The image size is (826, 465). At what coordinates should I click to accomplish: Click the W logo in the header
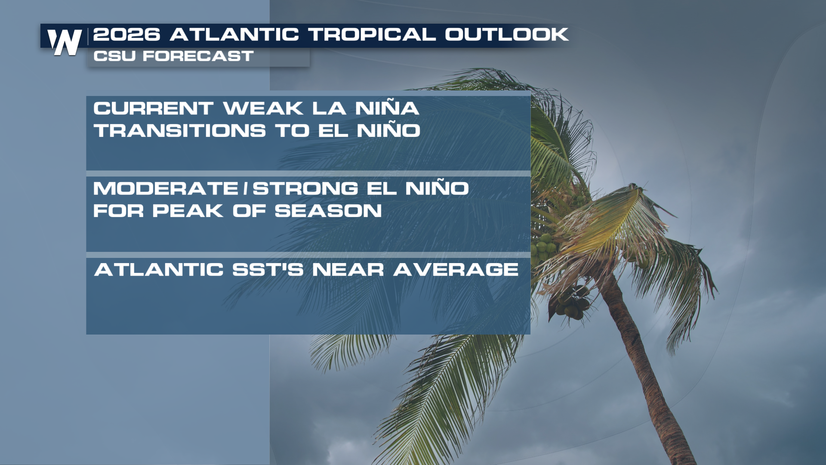click(x=65, y=42)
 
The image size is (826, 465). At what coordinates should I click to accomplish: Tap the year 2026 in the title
click(x=127, y=34)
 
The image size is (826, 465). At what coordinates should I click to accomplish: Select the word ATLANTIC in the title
click(x=234, y=34)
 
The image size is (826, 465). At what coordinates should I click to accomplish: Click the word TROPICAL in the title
click(x=372, y=34)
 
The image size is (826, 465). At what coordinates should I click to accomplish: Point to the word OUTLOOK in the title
click(x=507, y=34)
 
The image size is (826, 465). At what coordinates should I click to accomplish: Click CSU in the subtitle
click(x=114, y=56)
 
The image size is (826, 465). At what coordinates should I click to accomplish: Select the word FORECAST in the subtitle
click(x=198, y=56)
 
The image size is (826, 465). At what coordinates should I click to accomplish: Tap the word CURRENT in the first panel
click(x=154, y=108)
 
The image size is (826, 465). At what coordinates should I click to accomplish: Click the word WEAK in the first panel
click(x=263, y=108)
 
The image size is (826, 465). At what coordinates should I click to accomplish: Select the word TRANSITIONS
click(x=180, y=130)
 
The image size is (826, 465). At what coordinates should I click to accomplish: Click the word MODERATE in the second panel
click(x=166, y=188)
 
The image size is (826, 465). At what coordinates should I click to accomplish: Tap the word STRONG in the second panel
click(x=305, y=188)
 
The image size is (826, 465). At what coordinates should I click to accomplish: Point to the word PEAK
click(x=188, y=211)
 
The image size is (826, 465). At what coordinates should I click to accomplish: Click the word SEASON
click(x=328, y=211)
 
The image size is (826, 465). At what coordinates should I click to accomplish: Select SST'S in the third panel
click(x=268, y=270)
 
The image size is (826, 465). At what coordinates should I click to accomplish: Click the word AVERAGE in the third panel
click(x=456, y=270)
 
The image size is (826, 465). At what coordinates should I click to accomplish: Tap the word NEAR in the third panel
click(x=348, y=270)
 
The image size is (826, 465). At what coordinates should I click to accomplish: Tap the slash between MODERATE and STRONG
click(x=246, y=188)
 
